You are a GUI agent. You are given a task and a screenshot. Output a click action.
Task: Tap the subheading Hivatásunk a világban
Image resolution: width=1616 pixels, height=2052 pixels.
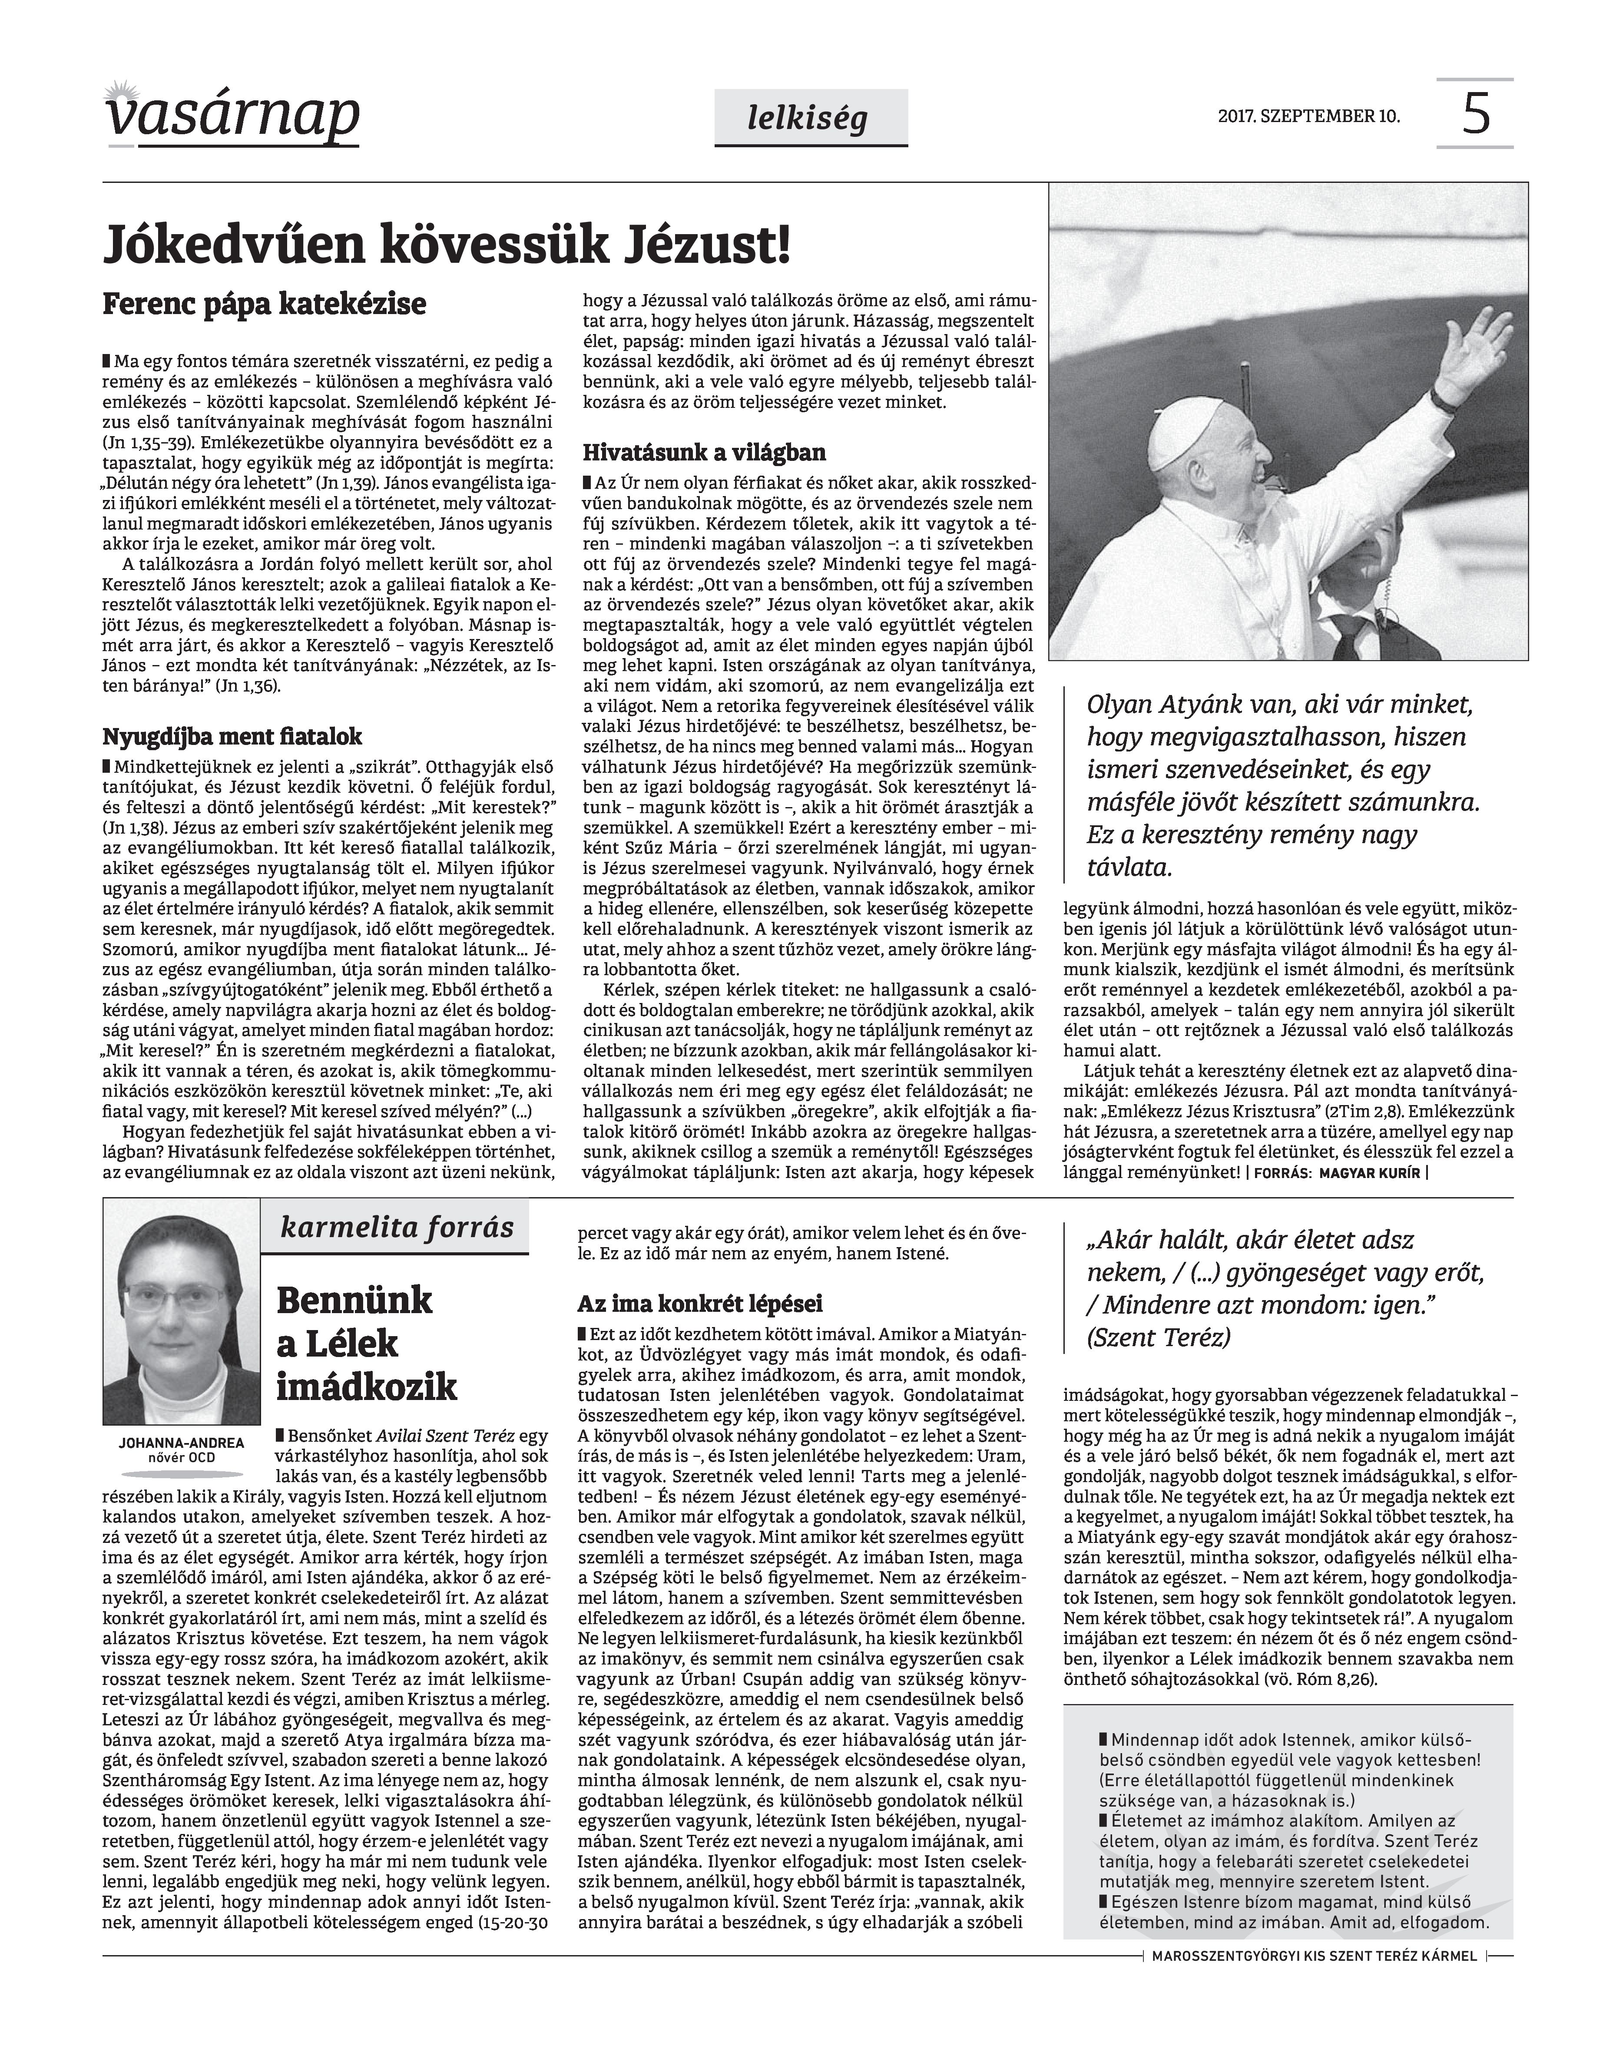click(704, 452)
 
